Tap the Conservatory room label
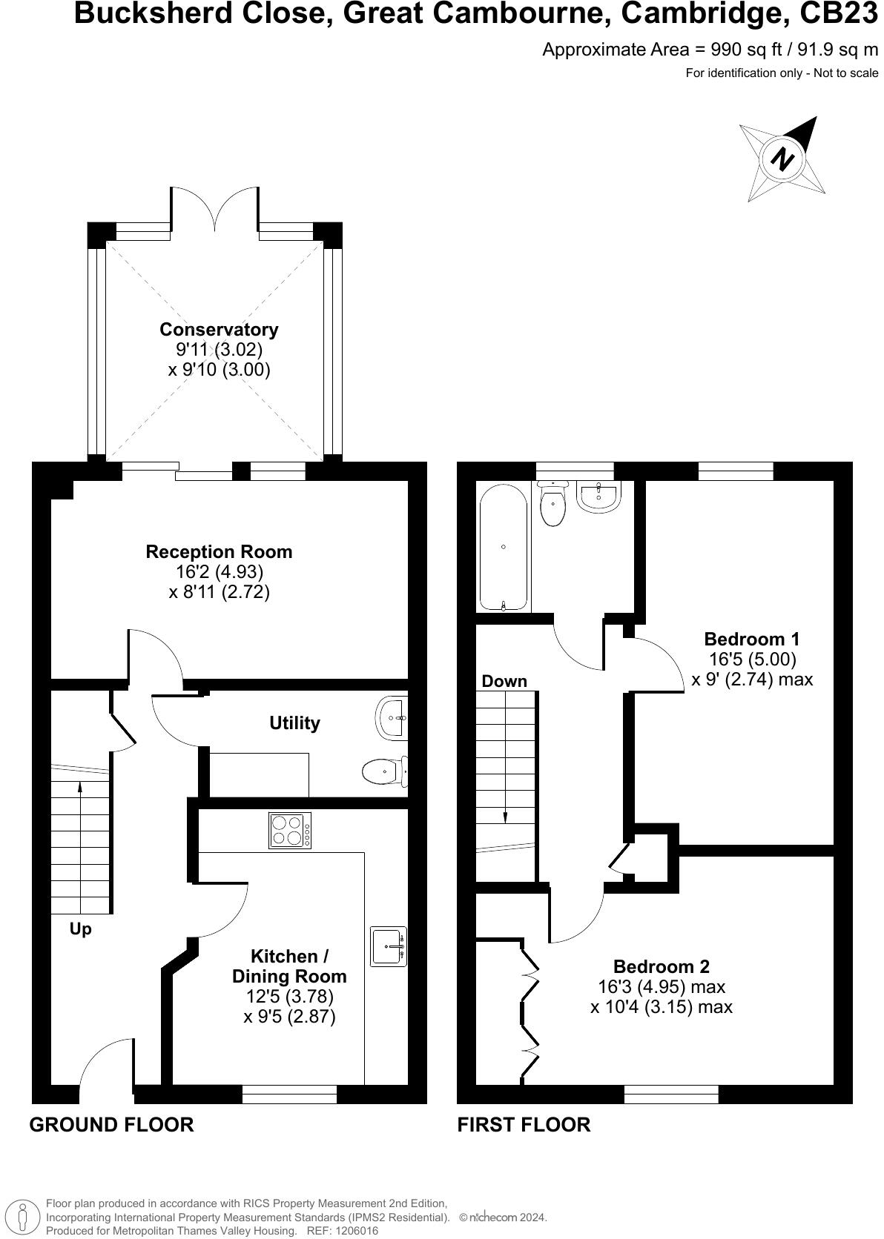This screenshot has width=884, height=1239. point(219,330)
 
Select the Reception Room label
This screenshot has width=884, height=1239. point(219,552)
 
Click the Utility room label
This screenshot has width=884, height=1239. point(294,723)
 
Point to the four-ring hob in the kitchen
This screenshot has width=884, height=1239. point(290,830)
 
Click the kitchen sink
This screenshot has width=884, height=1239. point(389,946)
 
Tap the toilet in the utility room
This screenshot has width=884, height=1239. point(384,772)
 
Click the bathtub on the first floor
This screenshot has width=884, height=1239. point(503,547)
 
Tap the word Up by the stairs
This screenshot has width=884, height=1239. point(80,929)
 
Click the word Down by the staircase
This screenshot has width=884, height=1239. point(504,681)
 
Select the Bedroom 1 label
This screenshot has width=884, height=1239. point(751,639)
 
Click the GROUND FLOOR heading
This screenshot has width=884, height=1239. point(111,1125)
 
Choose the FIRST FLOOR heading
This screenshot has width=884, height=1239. point(524,1125)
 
